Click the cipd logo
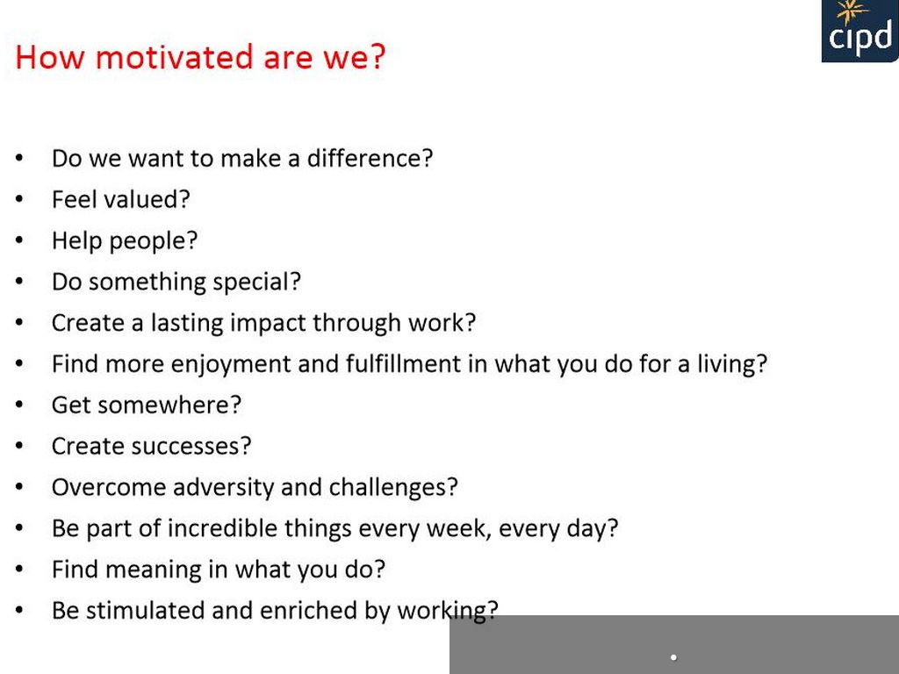[860, 31]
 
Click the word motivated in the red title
[175, 57]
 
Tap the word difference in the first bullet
[370, 158]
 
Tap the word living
[732, 365]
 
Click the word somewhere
[169, 405]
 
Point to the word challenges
[393, 488]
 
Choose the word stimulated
[145, 611]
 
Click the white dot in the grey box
[673, 657]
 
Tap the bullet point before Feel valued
[19, 199]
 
